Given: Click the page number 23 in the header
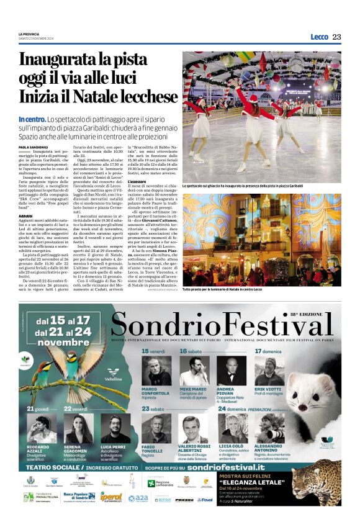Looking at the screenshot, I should [336, 37].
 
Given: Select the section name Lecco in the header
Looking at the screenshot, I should [319, 37].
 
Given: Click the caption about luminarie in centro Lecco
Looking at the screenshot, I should [223, 289].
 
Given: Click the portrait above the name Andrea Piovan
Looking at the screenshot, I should [231, 371].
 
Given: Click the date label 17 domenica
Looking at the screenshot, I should [268, 351].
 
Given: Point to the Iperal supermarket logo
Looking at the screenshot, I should [111, 497].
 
